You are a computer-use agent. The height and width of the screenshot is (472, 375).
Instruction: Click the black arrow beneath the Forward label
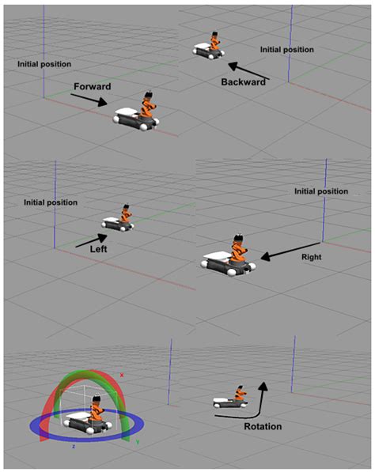tap(88, 99)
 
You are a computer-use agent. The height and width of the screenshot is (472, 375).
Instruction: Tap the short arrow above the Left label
tap(91, 240)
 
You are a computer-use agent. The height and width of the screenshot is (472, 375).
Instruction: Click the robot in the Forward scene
tap(139, 113)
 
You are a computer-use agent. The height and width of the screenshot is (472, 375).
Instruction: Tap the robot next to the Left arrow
tap(119, 221)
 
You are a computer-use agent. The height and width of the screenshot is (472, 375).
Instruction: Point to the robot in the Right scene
tap(229, 256)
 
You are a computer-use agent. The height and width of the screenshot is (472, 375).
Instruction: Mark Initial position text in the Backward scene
tap(287, 49)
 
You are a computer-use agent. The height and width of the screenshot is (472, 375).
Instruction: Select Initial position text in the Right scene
tap(320, 191)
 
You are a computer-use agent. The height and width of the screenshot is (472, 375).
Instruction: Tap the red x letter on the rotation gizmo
tap(121, 374)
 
